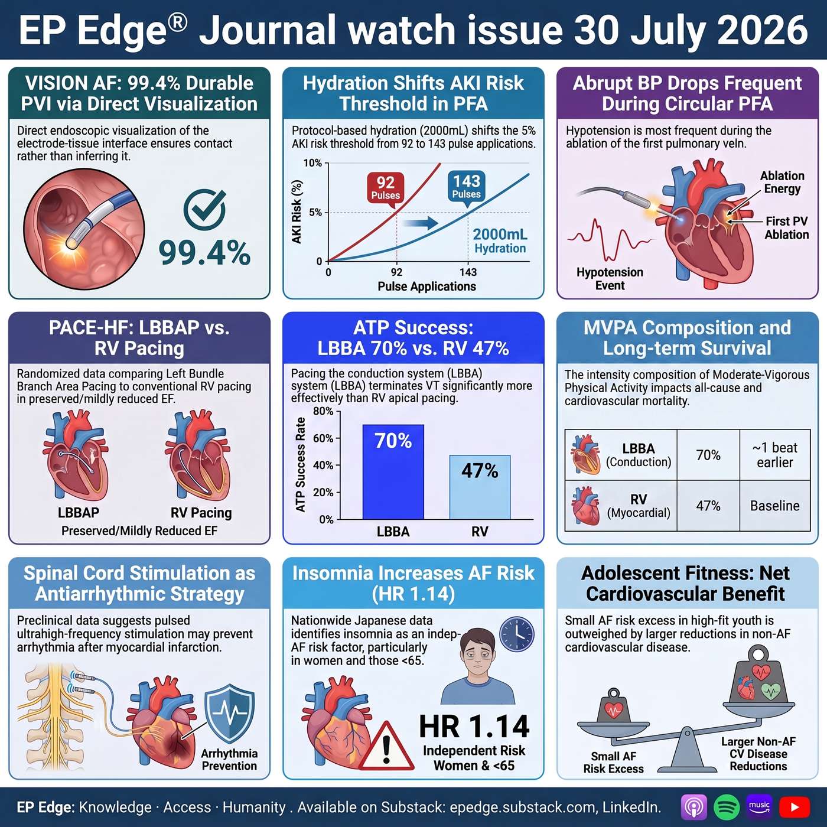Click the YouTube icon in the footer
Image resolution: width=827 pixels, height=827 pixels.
coord(795,808)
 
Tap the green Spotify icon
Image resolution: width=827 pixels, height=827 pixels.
coord(726,808)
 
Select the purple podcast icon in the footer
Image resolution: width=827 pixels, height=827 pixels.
coord(693,808)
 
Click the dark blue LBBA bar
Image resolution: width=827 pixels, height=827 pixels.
coord(393,472)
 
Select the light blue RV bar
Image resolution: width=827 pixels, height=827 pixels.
coord(480,487)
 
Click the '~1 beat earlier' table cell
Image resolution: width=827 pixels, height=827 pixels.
coord(774,455)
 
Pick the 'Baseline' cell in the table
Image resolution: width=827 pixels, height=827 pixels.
coord(774,506)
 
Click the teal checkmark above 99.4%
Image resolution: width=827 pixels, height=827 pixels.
coord(205,210)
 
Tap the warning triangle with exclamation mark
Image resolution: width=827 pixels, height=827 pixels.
coord(386,746)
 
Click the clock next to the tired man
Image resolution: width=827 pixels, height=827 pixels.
coord(517,634)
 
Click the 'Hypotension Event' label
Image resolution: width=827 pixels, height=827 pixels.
coord(610,279)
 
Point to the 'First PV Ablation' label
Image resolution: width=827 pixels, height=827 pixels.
coord(786,228)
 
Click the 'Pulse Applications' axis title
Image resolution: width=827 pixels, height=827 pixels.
coord(426,286)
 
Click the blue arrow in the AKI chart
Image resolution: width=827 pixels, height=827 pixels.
coord(421,223)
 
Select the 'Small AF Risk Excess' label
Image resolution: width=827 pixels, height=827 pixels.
coord(613,763)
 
